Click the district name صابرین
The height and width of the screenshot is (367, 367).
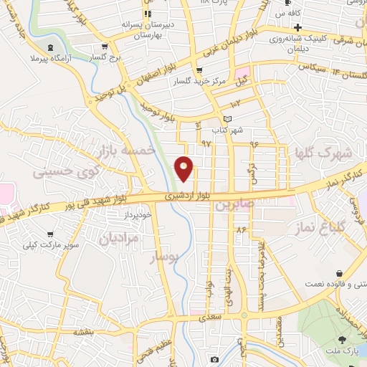coord(233,204)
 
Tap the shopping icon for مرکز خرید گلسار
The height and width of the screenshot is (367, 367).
coord(198,70)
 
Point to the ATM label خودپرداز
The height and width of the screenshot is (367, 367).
coord(138,214)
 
